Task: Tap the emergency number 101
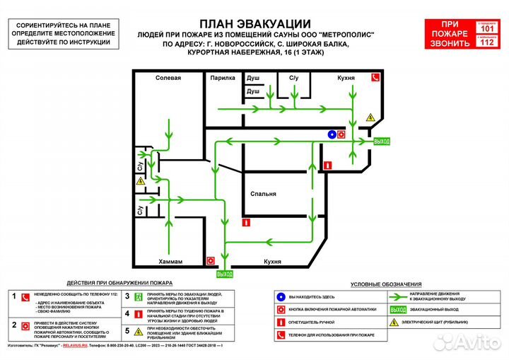487,28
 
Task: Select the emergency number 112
487,42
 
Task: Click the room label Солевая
168,78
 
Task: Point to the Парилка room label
222,78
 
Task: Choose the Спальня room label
263,194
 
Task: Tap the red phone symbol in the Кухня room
378,78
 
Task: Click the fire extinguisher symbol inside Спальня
245,222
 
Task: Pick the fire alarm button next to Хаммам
210,260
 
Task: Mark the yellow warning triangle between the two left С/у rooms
140,182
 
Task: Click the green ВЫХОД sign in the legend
398,309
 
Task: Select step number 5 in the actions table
127,330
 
